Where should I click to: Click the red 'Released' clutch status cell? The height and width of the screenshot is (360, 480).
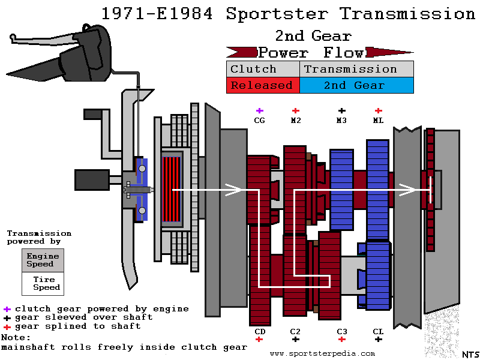click(262, 85)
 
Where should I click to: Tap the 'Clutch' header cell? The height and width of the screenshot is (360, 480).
click(262, 69)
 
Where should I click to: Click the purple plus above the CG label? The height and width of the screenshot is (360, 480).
click(259, 110)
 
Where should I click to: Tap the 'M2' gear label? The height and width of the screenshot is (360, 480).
click(296, 120)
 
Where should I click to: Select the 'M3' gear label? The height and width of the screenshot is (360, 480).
click(341, 120)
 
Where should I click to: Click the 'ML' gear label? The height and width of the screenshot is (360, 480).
click(378, 120)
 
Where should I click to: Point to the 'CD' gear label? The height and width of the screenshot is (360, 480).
click(259, 331)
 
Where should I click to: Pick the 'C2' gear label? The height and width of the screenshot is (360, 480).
click(295, 331)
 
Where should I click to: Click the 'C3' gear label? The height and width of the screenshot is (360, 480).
click(341, 331)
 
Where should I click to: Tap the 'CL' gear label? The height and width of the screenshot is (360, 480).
click(378, 331)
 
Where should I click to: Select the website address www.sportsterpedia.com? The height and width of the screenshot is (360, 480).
click(322, 354)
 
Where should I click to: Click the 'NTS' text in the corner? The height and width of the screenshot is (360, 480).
click(470, 355)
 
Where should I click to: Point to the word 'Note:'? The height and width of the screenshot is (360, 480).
click(16, 337)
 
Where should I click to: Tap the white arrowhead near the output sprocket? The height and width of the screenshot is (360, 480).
click(409, 190)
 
